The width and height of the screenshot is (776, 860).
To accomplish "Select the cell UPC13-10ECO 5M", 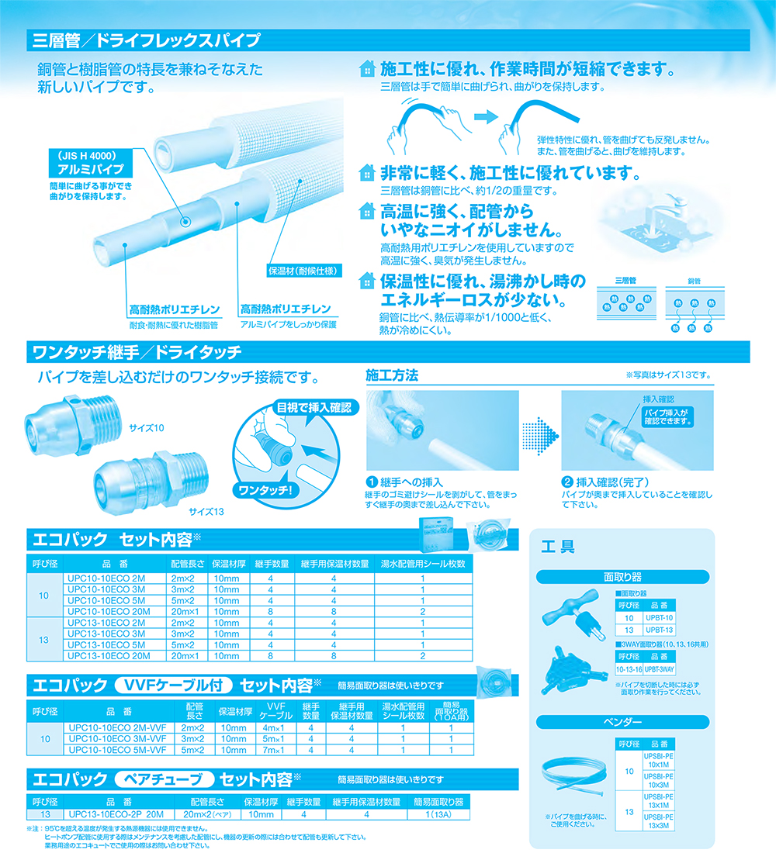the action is click(106, 645).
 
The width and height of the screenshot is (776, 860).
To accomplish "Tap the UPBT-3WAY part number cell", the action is click(659, 669).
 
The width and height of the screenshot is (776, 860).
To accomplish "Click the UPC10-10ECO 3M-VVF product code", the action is click(117, 739).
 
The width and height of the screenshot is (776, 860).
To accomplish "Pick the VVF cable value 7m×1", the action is click(273, 750).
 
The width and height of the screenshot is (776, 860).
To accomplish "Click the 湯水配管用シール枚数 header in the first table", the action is click(423, 564).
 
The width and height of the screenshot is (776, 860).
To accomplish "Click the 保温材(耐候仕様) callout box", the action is click(303, 271).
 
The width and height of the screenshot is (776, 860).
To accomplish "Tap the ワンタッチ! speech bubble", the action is click(265, 490).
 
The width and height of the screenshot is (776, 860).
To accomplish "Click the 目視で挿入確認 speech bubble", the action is click(314, 408).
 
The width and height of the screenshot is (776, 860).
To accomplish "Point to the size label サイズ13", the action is click(206, 512).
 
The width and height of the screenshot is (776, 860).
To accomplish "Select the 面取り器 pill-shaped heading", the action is click(622, 577).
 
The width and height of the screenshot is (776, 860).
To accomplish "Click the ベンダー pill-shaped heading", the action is click(622, 722).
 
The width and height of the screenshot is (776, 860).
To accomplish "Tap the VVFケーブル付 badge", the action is click(173, 685).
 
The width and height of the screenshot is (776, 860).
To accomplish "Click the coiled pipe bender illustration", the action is click(575, 776).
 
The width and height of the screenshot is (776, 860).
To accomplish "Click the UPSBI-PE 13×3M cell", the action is click(659, 821).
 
